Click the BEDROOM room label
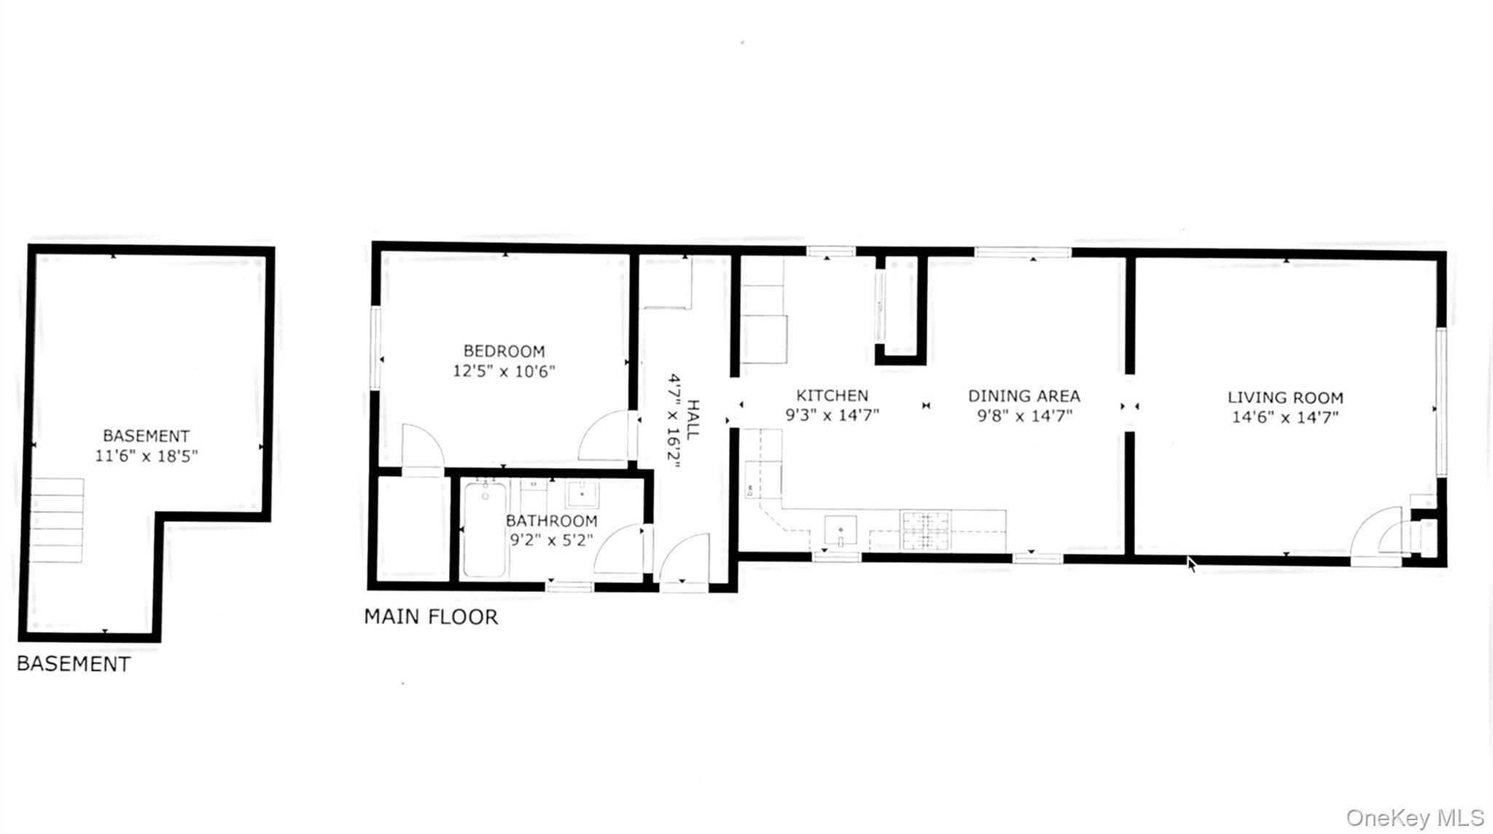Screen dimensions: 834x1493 pos(504,351)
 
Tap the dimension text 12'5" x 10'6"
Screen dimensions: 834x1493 pos(504,371)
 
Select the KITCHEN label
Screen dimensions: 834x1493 pos(832,396)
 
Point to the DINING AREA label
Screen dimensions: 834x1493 pos(1024,397)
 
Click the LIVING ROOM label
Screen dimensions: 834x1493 pos(1285,398)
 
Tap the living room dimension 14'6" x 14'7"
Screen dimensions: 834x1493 pos(1285,418)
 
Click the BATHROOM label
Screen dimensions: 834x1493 pos(551,521)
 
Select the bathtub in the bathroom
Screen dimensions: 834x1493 pos(485,530)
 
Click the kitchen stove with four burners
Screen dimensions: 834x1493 pos(926,530)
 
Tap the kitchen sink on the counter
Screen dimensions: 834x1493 pos(841,530)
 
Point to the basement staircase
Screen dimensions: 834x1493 pos(57,520)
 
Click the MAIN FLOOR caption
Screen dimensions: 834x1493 pos(431,617)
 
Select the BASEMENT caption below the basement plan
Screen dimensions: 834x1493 pos(74,664)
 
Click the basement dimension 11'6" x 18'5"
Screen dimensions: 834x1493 pos(147,456)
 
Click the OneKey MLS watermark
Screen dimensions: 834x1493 pos(1414,817)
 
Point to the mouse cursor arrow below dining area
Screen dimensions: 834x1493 pos(1191,564)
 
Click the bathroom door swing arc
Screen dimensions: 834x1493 pos(618,548)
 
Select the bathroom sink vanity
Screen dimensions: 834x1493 pos(582,494)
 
